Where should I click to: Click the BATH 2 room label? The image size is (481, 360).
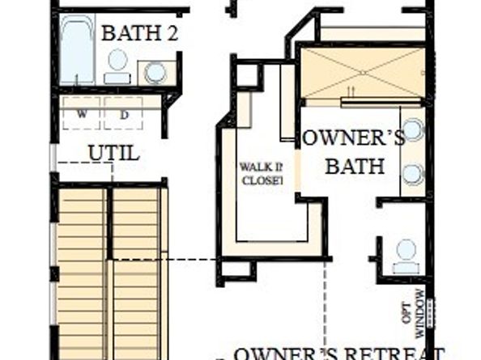[x=139, y=34]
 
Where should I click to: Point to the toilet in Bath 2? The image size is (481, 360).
[x=118, y=66]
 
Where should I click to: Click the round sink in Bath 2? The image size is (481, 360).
[x=155, y=72]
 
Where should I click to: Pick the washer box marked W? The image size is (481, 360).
[x=82, y=114]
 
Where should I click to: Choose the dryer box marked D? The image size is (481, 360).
[x=124, y=114]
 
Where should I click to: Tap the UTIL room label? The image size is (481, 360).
[x=113, y=152]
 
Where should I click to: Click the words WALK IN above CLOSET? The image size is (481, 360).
[x=260, y=167]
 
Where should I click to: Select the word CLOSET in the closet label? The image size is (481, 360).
[x=262, y=180]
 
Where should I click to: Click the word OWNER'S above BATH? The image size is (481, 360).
[x=353, y=138]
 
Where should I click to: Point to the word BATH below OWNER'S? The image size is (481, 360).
[x=355, y=166]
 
